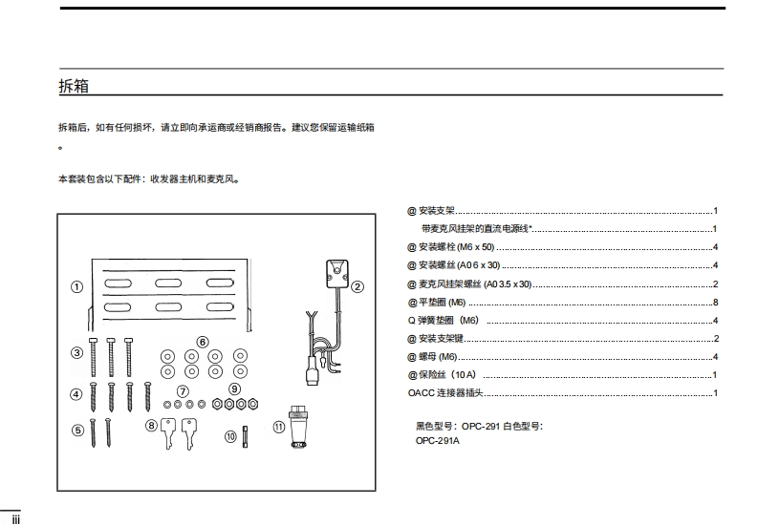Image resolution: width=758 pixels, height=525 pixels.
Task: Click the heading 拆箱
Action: tap(74, 86)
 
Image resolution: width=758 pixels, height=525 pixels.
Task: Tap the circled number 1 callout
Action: tap(76, 286)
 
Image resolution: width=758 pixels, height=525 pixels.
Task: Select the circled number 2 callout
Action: tap(357, 285)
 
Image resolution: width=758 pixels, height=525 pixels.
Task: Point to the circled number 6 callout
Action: tap(203, 341)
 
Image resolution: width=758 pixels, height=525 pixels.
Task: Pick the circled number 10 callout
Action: tap(230, 436)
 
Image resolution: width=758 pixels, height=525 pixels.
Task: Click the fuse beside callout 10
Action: tap(246, 436)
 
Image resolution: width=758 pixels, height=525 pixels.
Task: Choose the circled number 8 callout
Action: tap(151, 426)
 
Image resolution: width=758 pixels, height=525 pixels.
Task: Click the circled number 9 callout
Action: tap(234, 388)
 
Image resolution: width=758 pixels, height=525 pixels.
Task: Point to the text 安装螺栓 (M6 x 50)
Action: tap(467, 246)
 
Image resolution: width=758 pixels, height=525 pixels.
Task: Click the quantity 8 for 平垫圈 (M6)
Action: tap(714, 302)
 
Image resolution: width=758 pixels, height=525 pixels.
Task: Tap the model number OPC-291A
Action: tap(437, 440)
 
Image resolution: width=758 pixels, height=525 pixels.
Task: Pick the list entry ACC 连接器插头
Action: tap(445, 392)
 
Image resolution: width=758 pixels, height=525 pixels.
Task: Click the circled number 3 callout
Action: tap(76, 352)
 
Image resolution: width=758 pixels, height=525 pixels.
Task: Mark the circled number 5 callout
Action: tap(76, 430)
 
